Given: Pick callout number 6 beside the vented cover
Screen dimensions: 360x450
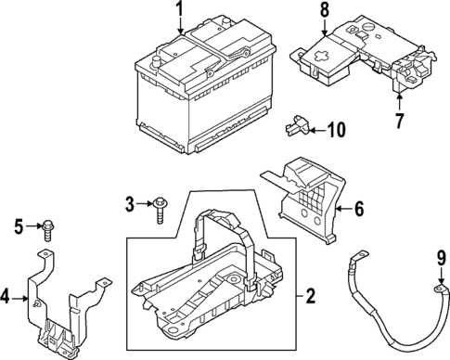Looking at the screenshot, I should tap(359, 210).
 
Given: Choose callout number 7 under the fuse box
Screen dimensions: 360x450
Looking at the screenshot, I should tap(400, 122).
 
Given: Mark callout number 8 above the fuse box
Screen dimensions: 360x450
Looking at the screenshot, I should tap(325, 10).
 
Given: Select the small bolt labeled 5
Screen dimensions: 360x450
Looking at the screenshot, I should tap(46, 225).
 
